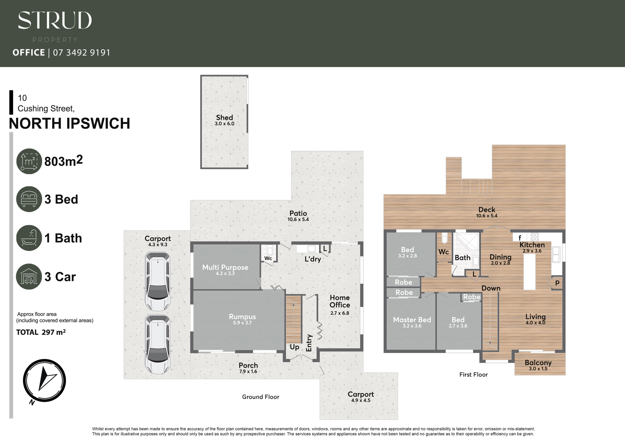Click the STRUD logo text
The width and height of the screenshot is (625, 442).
point(55,20)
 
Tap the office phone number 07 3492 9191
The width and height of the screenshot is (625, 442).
point(82,52)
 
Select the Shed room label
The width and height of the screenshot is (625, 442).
point(225,117)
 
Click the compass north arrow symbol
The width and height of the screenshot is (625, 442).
point(44,380)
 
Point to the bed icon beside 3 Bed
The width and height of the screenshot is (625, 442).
point(29,199)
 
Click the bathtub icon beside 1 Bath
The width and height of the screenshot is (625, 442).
point(29,238)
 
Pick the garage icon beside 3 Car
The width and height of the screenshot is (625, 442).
point(29,276)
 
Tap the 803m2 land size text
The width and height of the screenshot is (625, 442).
point(63,161)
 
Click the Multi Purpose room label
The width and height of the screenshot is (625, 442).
point(225,267)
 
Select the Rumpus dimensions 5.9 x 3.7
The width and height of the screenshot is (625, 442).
point(242,323)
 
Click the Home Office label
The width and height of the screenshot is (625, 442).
point(340,301)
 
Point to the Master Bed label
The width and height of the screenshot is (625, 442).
point(412,320)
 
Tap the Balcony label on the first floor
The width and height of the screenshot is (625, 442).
point(538,363)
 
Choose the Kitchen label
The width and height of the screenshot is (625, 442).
point(532,245)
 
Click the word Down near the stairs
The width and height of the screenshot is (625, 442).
point(491,288)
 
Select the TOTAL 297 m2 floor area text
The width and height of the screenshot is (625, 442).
point(41,332)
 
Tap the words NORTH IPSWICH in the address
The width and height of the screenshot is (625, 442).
point(70,123)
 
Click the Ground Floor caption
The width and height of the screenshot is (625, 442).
point(261,397)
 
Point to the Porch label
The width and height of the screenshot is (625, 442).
point(248,366)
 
